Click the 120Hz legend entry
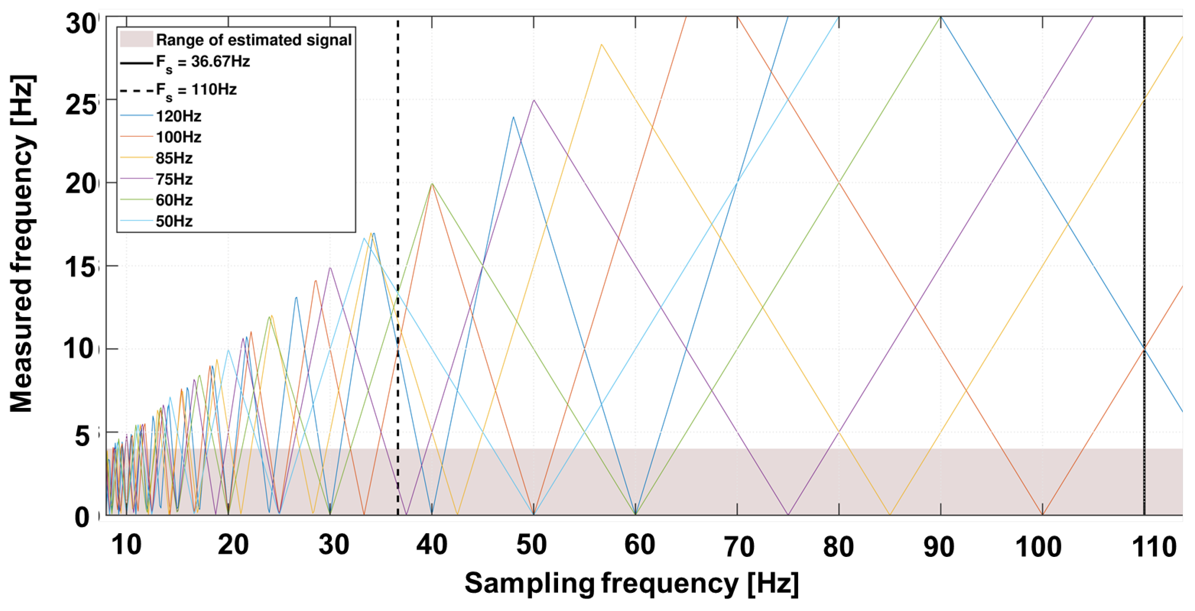click(x=178, y=116)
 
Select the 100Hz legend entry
click(x=178, y=137)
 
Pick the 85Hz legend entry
click(x=174, y=158)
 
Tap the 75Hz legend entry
click(x=174, y=179)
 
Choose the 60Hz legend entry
click(x=174, y=200)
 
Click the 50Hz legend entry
click(x=174, y=221)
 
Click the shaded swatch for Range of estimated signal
click(x=136, y=40)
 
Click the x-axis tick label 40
click(x=431, y=545)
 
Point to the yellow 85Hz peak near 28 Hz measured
click(x=601, y=45)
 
